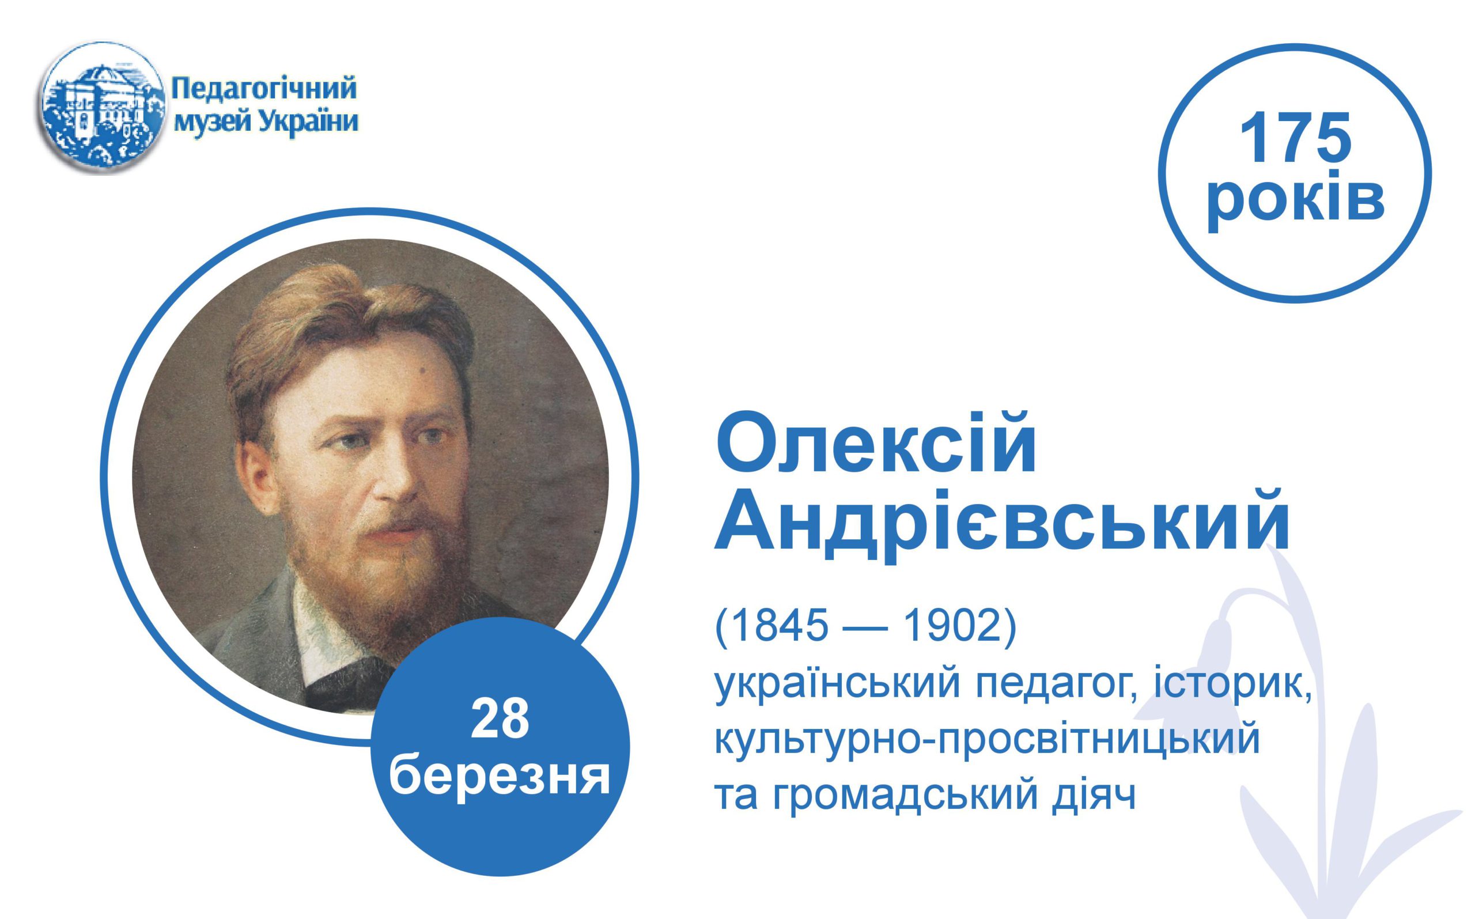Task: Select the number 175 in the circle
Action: (x=1295, y=139)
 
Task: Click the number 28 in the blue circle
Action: (x=500, y=719)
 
